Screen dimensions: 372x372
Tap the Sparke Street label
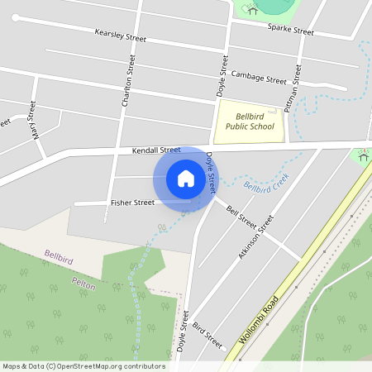(291, 30)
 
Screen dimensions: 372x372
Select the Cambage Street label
(259, 78)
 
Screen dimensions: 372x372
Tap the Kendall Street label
(155, 150)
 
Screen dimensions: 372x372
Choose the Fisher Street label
(132, 203)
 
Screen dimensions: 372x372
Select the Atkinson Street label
(255, 238)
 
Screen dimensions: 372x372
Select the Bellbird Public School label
(250, 122)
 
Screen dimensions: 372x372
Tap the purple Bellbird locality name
(60, 256)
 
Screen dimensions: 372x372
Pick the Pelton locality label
(83, 284)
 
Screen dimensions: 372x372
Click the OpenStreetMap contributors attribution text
(83, 366)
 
